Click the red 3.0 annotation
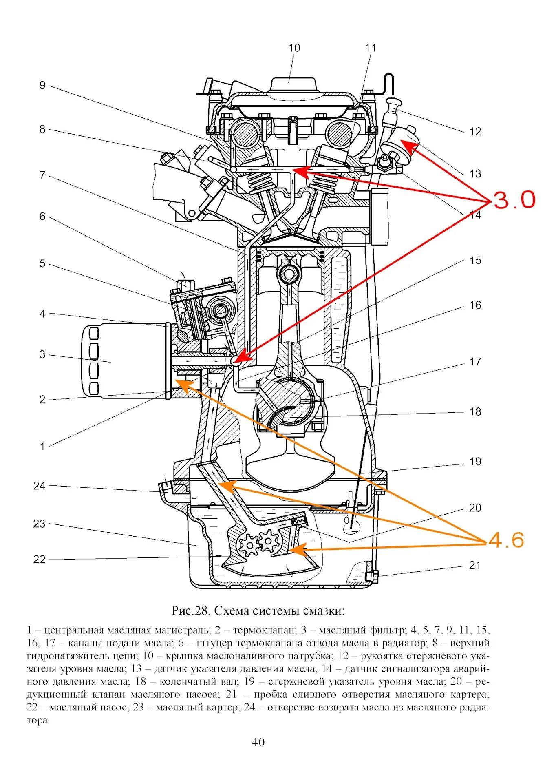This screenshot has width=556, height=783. pyautogui.click(x=514, y=200)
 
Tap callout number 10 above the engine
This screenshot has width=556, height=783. pyautogui.click(x=294, y=48)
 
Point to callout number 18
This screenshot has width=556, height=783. pyautogui.click(x=475, y=411)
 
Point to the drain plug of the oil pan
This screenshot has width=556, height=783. pyautogui.click(x=371, y=575)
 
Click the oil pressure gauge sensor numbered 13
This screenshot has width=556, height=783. pyautogui.click(x=402, y=141)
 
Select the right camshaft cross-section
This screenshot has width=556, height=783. pyautogui.click(x=338, y=134)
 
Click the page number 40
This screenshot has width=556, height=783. pyautogui.click(x=258, y=742)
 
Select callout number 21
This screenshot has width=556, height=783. pyautogui.click(x=474, y=565)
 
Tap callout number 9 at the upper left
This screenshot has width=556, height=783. pyautogui.click(x=42, y=85)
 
